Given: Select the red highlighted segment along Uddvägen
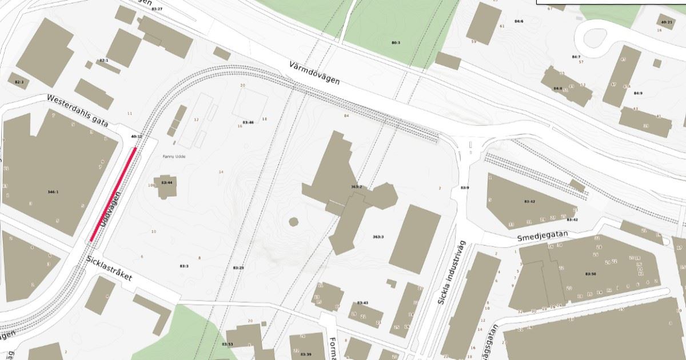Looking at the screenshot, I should click(x=113, y=194).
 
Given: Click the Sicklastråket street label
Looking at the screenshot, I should click(x=109, y=269).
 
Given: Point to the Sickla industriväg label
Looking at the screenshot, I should click(x=452, y=273).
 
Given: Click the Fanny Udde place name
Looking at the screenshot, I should click(x=175, y=157).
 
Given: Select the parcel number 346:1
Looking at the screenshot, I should click(x=53, y=192).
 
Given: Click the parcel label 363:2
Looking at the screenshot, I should click(x=356, y=187).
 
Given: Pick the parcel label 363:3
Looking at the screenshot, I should click(x=378, y=237).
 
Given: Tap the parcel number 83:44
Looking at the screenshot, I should click(x=167, y=182).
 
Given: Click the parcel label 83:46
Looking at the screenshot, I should click(x=248, y=122).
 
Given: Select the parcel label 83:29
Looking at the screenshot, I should click(x=238, y=267).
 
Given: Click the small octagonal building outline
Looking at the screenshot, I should click(x=294, y=222).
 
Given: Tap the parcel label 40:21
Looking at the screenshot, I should click(x=667, y=22).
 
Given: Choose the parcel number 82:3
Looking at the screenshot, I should click(x=18, y=82).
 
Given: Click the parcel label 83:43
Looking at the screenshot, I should click(x=362, y=302).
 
